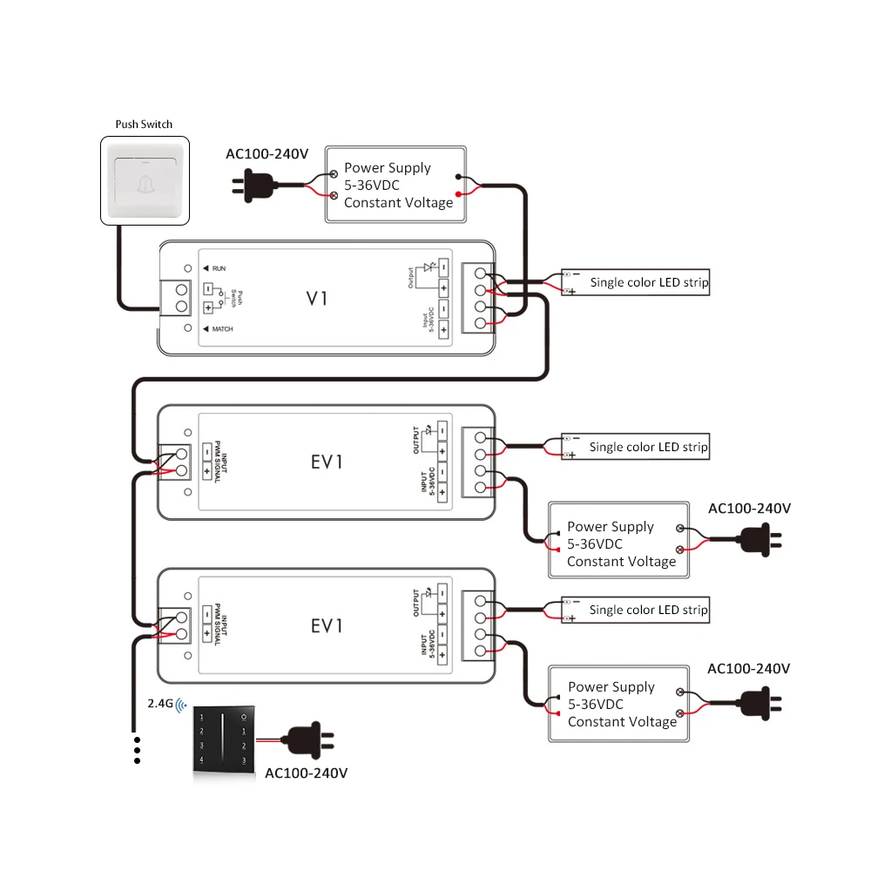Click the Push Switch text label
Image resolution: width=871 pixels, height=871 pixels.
point(144,124)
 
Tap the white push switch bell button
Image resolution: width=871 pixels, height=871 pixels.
point(145,180)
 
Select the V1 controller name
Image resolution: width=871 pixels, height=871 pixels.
point(317,298)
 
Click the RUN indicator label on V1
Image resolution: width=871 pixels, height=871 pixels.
point(219,268)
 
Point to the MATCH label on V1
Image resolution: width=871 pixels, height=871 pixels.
point(222,329)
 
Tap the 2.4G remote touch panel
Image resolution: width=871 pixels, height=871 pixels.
point(223,739)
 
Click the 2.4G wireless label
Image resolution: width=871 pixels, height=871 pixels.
point(160,703)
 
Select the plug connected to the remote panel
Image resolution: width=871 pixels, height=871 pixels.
point(307,740)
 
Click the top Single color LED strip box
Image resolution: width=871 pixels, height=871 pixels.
point(636,282)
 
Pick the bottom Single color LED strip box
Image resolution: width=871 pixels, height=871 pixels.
point(636,610)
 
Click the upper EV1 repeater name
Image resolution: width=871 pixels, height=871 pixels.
point(327,463)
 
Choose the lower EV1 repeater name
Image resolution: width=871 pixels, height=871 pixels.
point(327,626)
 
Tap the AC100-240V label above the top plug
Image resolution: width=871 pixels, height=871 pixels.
point(267,154)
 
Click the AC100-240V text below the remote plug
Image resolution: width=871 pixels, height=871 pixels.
point(306,773)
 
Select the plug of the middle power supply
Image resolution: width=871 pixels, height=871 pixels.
point(760,539)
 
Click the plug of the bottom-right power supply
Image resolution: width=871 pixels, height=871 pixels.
point(760,703)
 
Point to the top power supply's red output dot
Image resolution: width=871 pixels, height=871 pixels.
point(458,194)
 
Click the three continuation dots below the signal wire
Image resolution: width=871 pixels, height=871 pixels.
point(138,751)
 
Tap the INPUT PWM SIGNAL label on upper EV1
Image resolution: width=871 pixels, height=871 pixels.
point(220,462)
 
